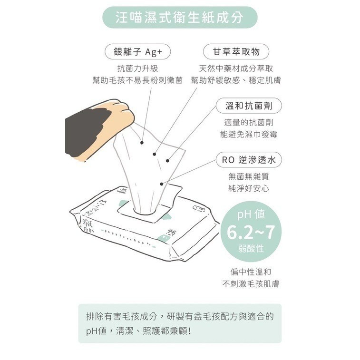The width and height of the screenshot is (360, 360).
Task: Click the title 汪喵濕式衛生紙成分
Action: pos(180,18)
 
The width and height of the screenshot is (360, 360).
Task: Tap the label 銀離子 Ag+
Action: pos(138,52)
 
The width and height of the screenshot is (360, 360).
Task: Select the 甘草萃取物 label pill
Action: pos(236,52)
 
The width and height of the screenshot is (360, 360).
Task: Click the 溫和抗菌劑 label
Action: pos(249,106)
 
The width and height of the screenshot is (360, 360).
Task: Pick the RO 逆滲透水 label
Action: pos(249,160)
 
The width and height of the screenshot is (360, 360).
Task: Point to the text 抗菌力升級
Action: pos(138,68)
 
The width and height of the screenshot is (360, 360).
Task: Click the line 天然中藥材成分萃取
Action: pos(236,68)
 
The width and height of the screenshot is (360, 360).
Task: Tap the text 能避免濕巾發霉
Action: pos(249,134)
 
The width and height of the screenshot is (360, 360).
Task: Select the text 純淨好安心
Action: pos(249,188)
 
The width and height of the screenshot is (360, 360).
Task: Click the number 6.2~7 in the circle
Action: pos(251,232)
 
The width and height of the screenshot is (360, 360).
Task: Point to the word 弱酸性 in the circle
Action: pos(251,248)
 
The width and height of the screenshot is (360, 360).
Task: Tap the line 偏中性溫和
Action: pos(251,272)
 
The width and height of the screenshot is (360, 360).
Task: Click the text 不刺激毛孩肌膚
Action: pos(251,284)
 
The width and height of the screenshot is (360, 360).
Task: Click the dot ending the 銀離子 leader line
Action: pos(142,143)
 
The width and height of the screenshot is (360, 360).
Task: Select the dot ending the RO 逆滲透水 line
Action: pos(162,184)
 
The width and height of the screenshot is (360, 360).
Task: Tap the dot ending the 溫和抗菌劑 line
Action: pos(167,161)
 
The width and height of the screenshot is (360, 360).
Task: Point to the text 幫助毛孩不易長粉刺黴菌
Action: pos(138,80)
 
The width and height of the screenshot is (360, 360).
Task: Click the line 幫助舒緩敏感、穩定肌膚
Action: pos(236,80)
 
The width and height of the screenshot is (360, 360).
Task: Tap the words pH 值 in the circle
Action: pos(251,214)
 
